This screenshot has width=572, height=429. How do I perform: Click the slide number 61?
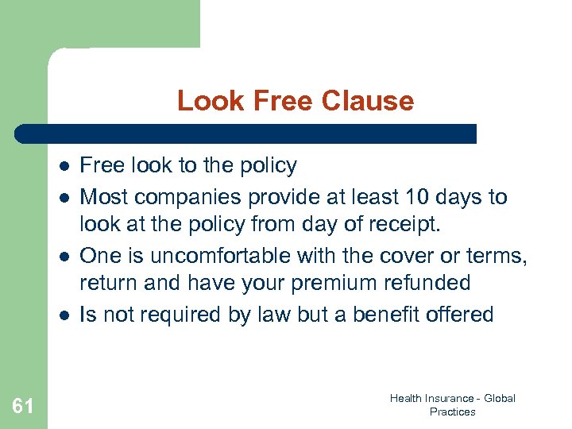pos(23,407)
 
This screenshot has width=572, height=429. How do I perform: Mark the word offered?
pos(461,314)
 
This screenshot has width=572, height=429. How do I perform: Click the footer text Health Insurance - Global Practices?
pos(452,404)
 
